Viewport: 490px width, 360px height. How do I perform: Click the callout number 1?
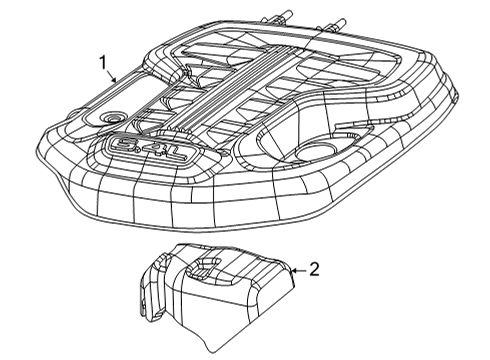(104, 62)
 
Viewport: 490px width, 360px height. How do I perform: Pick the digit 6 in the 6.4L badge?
(121, 148)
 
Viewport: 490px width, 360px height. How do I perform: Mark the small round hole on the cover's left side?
(108, 118)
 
